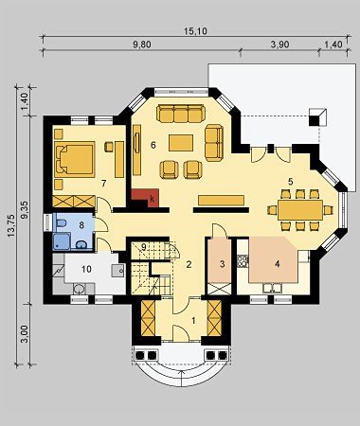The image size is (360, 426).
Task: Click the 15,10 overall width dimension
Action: click(x=195, y=31)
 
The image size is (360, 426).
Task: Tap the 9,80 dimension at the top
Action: click(x=141, y=44)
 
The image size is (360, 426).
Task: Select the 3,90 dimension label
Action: click(x=279, y=44)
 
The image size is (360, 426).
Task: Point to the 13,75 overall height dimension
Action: click(x=11, y=225)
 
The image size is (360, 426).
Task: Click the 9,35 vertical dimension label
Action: click(x=26, y=210)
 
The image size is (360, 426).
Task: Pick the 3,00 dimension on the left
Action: click(x=26, y=334)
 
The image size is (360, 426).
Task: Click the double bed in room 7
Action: click(x=75, y=159)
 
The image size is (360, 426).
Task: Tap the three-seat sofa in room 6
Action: click(x=181, y=114)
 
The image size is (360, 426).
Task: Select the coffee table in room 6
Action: click(x=181, y=143)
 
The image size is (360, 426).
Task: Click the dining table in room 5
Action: click(x=300, y=210)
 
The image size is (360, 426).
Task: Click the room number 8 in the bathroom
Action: click(x=81, y=225)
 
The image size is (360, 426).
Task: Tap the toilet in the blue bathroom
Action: click(x=61, y=223)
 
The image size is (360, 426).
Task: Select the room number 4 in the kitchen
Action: click(x=278, y=264)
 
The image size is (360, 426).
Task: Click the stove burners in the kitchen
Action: click(x=243, y=261)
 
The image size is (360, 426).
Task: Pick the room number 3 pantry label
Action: click(x=222, y=264)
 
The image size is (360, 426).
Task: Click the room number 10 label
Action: click(x=86, y=269)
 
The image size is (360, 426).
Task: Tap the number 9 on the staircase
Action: click(x=144, y=247)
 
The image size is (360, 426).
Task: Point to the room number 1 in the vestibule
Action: click(x=193, y=321)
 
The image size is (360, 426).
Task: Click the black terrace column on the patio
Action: click(x=314, y=121)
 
